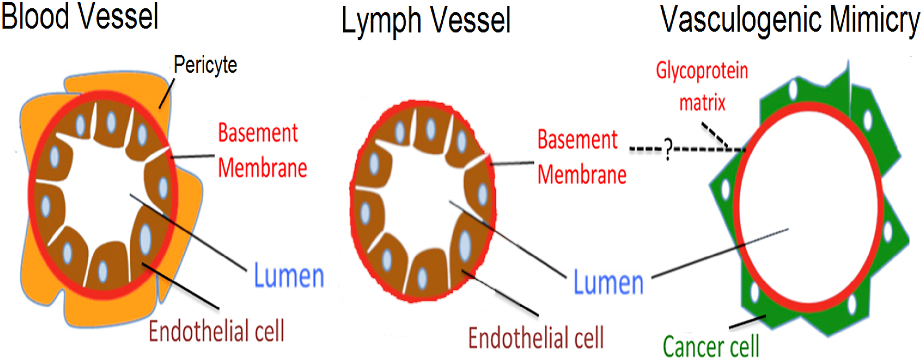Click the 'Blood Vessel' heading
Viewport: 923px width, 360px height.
tap(80, 17)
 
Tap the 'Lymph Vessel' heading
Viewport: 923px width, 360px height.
tap(426, 21)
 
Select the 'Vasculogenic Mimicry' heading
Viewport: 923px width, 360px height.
tap(790, 20)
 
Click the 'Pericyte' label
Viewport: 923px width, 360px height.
tap(205, 65)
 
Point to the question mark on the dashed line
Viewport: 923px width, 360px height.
tap(668, 150)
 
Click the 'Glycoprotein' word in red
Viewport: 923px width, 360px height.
tap(702, 71)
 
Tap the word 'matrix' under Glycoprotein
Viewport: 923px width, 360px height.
tap(702, 103)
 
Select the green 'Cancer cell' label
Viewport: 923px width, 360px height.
tap(710, 345)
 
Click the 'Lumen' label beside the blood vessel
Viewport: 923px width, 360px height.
tap(289, 276)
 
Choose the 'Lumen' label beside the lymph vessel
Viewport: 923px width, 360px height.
tap(608, 283)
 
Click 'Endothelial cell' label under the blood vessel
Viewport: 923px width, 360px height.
tap(216, 331)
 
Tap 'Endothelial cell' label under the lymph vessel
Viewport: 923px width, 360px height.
tap(535, 338)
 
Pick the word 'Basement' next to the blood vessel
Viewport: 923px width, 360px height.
tap(258, 133)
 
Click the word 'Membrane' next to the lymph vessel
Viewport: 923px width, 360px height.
tap(582, 175)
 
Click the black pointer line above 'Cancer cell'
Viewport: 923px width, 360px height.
tap(747, 321)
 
